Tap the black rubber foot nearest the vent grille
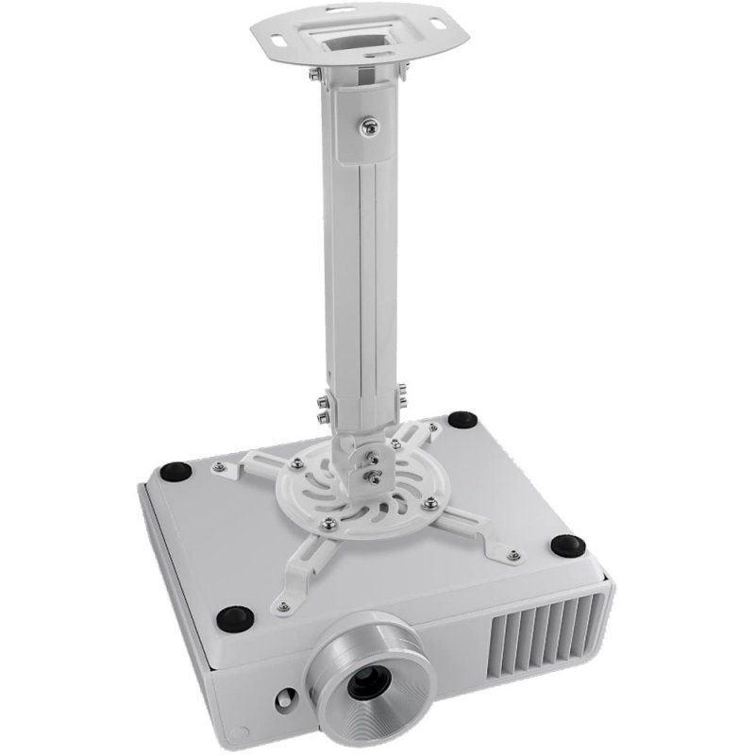point(568,545)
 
